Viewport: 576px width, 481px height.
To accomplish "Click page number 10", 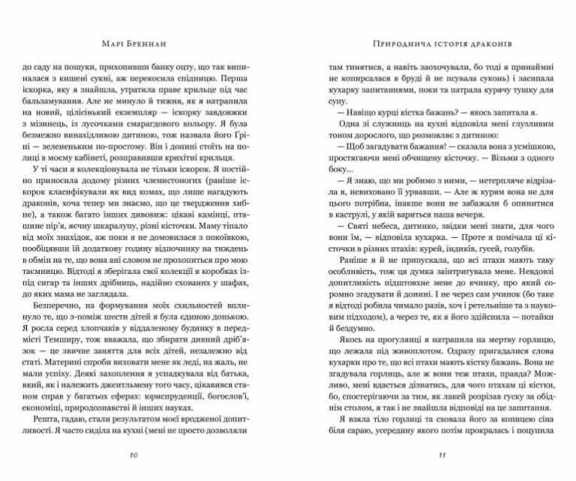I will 134,454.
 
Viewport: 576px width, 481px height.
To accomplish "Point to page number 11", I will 442,454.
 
